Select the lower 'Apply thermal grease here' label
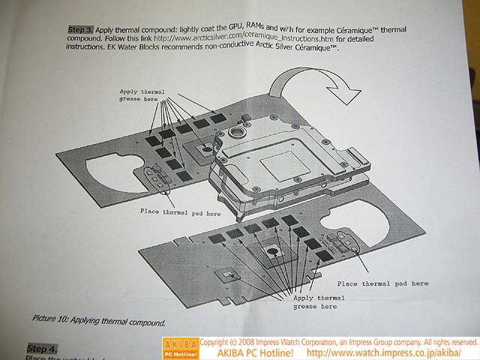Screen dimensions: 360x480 click(x=313, y=302)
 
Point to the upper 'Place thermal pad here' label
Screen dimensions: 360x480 click(x=180, y=213)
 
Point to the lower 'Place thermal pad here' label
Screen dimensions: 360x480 click(x=382, y=284)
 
